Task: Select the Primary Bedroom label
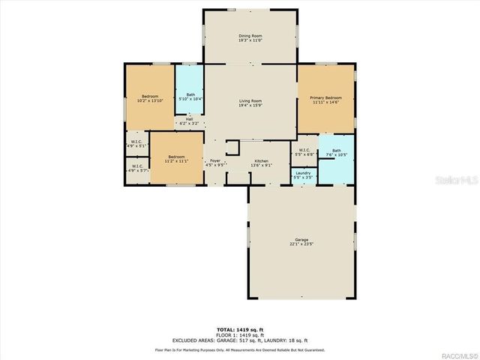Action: (x=325, y=98)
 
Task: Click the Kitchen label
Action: (x=261, y=161)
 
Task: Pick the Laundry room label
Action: (x=303, y=173)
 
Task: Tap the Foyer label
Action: (x=215, y=161)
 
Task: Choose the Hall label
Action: (x=190, y=119)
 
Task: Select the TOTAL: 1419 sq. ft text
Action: (x=240, y=329)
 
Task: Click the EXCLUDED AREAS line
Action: (x=240, y=340)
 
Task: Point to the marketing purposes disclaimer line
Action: (x=240, y=349)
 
